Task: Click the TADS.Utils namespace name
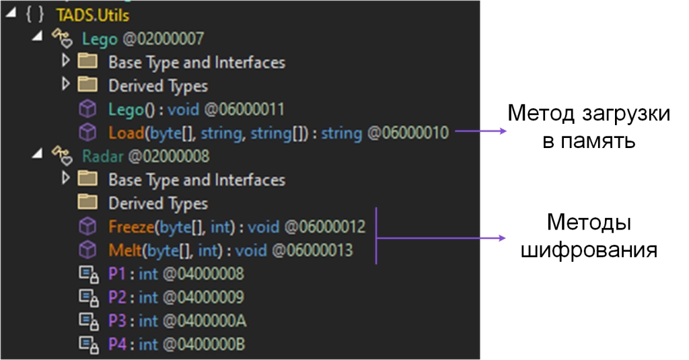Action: click(83, 15)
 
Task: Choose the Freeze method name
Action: click(131, 227)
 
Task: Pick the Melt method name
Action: click(125, 250)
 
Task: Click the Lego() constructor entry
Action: click(127, 109)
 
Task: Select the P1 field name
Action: click(117, 274)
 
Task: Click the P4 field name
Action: click(117, 345)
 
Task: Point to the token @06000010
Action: click(408, 133)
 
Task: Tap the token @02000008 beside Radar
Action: click(169, 156)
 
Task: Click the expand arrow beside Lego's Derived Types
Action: click(65, 85)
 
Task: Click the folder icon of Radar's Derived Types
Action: click(87, 203)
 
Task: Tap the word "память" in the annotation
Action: click(602, 143)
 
